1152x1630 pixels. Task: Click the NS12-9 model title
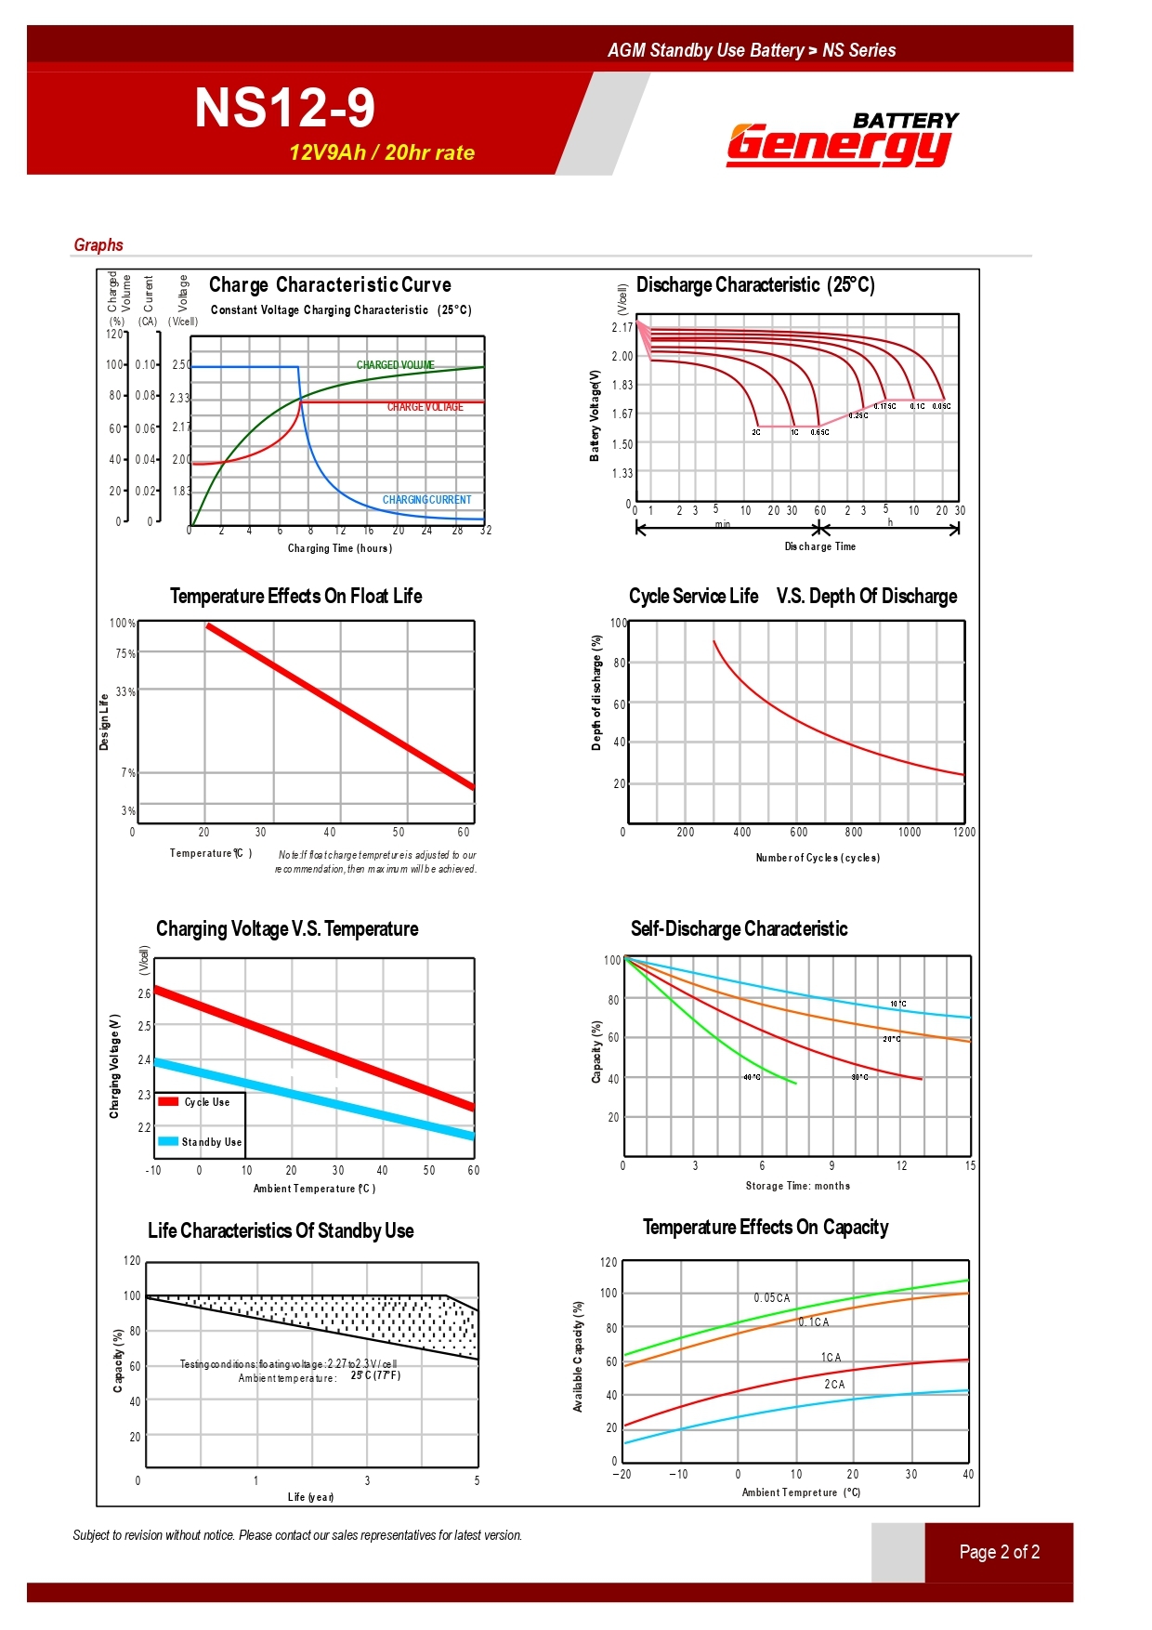click(x=284, y=109)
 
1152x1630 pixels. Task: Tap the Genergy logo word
click(x=838, y=145)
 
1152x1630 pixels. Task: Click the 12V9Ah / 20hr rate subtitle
click(x=381, y=153)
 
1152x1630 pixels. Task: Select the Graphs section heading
click(x=98, y=245)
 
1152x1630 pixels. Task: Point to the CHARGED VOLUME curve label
click(x=396, y=365)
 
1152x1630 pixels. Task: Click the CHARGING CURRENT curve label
click(x=426, y=500)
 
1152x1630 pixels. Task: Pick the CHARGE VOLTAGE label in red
click(x=425, y=407)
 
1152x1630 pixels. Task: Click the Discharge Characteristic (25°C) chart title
click(x=755, y=285)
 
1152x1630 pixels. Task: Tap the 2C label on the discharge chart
click(x=756, y=432)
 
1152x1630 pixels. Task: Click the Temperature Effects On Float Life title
click(x=295, y=597)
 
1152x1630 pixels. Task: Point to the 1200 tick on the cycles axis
click(x=963, y=833)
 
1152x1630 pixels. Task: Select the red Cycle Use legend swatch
click(x=168, y=1102)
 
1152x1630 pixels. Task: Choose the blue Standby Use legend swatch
click(x=168, y=1141)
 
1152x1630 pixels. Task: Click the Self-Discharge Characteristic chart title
click(x=739, y=929)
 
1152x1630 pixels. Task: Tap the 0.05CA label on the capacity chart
click(x=771, y=1298)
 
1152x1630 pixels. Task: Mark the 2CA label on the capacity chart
click(x=834, y=1385)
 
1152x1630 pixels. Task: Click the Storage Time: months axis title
click(x=797, y=1186)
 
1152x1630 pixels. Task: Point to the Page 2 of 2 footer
click(x=999, y=1552)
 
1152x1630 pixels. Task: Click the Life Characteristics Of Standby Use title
click(x=281, y=1231)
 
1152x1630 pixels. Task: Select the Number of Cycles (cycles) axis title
click(x=818, y=858)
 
